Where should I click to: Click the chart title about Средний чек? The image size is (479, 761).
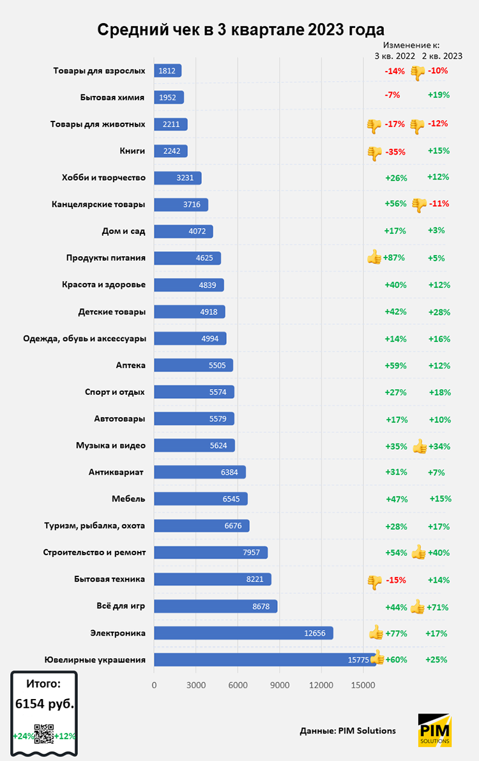click(241, 29)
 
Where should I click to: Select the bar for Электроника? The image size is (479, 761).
click(243, 633)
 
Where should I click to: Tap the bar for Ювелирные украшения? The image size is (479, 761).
click(264, 660)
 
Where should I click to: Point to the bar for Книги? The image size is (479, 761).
click(171, 151)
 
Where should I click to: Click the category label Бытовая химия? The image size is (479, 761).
click(112, 97)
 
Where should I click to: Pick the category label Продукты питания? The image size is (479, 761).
click(105, 258)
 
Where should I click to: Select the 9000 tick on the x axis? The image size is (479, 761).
click(279, 685)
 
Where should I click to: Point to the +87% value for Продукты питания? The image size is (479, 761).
click(395, 258)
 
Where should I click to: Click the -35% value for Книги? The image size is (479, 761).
click(395, 151)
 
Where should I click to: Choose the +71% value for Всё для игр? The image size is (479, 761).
click(439, 606)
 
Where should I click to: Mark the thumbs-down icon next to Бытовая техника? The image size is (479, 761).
click(374, 581)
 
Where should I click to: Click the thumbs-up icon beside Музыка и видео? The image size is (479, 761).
click(419, 446)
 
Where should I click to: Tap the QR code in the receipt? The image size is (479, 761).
click(43, 735)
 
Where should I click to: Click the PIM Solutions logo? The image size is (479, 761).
click(435, 730)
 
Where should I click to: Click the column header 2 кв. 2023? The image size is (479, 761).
click(442, 56)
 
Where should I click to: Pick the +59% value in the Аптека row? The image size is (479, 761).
click(396, 365)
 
